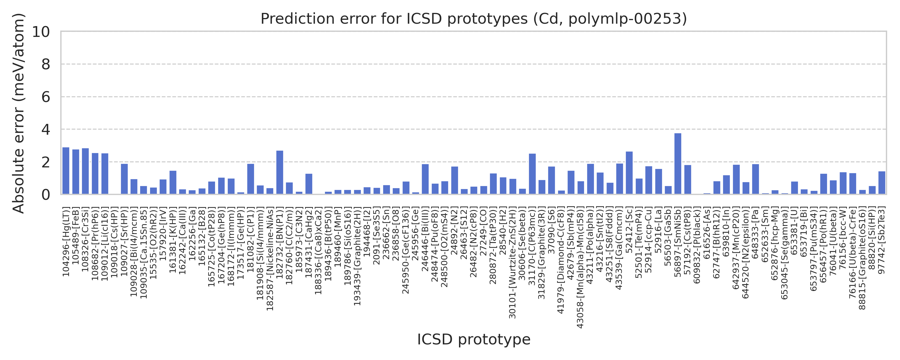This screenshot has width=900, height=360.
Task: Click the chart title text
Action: click(473, 19)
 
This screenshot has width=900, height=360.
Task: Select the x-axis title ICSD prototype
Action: click(473, 339)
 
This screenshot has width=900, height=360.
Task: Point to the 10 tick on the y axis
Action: click(41, 32)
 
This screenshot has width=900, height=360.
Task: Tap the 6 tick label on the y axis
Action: click(45, 97)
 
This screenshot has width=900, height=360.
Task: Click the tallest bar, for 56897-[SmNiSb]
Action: click(677, 163)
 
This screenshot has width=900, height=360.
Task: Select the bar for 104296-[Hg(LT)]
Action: click(66, 171)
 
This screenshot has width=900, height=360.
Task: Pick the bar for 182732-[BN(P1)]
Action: click(280, 172)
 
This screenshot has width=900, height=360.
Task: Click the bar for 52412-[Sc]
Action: click(629, 173)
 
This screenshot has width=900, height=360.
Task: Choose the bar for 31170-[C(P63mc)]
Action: click(532, 174)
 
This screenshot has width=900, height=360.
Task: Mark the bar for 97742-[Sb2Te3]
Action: click(881, 182)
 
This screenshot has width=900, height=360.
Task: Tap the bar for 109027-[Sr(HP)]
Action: click(124, 179)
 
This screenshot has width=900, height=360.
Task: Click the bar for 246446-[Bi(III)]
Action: click(425, 179)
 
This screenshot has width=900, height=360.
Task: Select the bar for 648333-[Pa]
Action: click(755, 179)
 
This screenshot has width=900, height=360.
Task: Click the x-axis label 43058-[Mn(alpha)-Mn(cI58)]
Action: click(580, 267)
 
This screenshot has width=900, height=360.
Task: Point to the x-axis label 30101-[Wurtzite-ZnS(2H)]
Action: click(512, 262)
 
